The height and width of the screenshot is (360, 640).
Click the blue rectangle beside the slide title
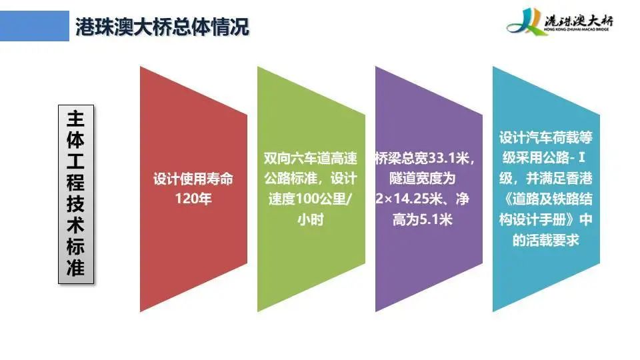34,26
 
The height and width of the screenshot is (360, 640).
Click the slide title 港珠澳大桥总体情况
162,27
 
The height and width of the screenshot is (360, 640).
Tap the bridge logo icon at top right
525,22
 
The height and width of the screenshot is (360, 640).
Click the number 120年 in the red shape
193,199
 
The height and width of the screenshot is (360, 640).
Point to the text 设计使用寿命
193,179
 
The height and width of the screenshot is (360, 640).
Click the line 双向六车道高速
310,158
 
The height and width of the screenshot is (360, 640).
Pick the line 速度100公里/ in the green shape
310,199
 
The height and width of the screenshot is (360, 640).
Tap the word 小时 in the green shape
311,219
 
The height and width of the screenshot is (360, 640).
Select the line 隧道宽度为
423,179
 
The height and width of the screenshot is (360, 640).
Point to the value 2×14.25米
409,199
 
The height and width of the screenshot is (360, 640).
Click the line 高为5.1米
423,219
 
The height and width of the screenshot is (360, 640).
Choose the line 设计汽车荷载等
546,137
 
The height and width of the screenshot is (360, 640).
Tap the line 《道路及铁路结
546,199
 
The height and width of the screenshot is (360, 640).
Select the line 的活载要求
546,240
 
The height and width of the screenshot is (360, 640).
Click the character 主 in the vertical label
76,119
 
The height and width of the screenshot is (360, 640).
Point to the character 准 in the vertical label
76,268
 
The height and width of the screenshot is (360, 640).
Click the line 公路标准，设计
310,179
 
